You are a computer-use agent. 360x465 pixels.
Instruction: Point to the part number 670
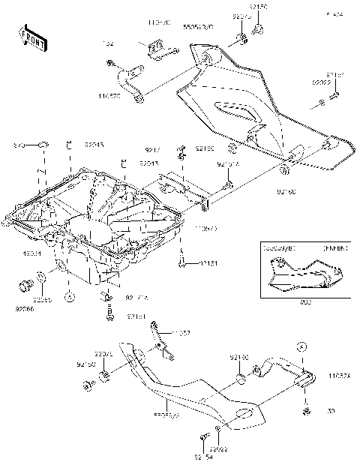coord(21,144)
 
